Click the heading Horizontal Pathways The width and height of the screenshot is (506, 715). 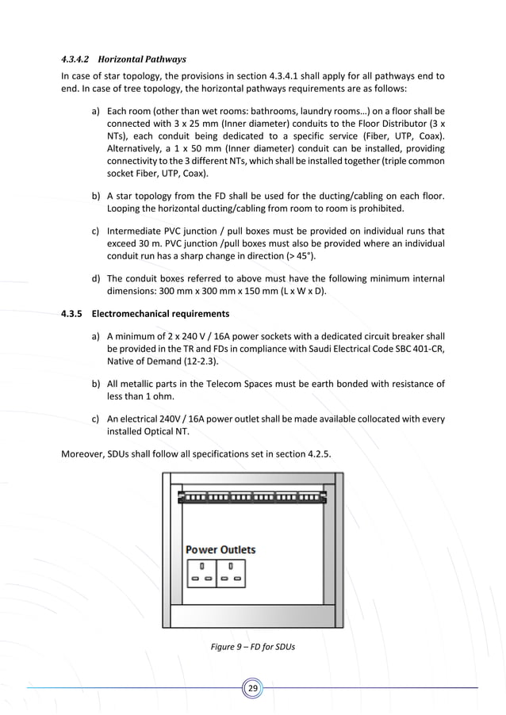(140, 59)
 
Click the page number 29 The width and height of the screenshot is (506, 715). (253, 688)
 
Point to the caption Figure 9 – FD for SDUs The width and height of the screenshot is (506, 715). (253, 647)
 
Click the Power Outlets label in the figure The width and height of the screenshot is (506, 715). (220, 549)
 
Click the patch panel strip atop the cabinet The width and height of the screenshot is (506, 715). (253, 497)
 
